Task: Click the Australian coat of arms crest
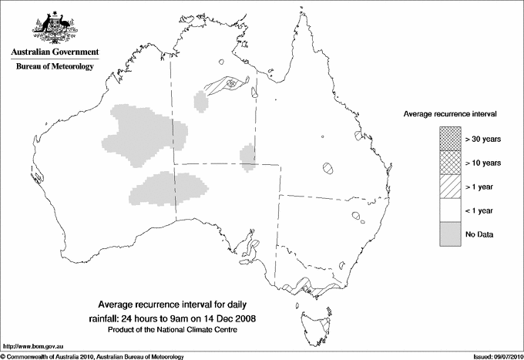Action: pos(54,28)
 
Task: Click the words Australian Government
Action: pos(55,52)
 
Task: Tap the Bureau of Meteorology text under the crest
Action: pos(55,67)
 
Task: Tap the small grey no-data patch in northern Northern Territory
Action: pos(202,101)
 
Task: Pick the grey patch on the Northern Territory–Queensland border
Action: pos(248,155)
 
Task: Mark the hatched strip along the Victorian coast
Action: pos(308,286)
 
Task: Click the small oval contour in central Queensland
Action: pos(329,167)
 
